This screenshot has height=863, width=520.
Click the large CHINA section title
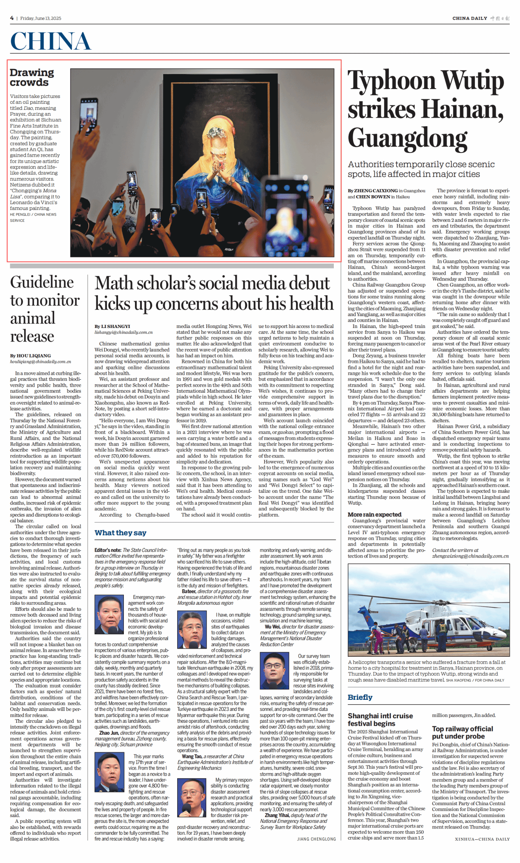tap(50, 41)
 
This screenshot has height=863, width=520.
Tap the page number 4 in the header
tap(12, 18)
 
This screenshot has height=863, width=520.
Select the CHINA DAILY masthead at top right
tap(470, 18)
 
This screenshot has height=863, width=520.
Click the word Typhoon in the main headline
tap(391, 81)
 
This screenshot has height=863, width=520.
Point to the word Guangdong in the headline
tap(407, 139)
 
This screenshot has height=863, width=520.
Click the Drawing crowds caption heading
tap(32, 77)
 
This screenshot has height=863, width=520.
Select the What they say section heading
tap(120, 533)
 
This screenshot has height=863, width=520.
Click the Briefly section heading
tap(360, 697)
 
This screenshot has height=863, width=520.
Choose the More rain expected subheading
tap(374, 514)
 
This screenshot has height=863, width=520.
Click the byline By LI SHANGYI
tap(112, 326)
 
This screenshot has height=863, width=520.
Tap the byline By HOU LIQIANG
tap(31, 355)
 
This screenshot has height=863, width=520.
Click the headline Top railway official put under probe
tap(462, 732)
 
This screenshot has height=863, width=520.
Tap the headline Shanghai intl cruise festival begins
tap(380, 720)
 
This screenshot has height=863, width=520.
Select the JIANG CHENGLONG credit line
tap(316, 839)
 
